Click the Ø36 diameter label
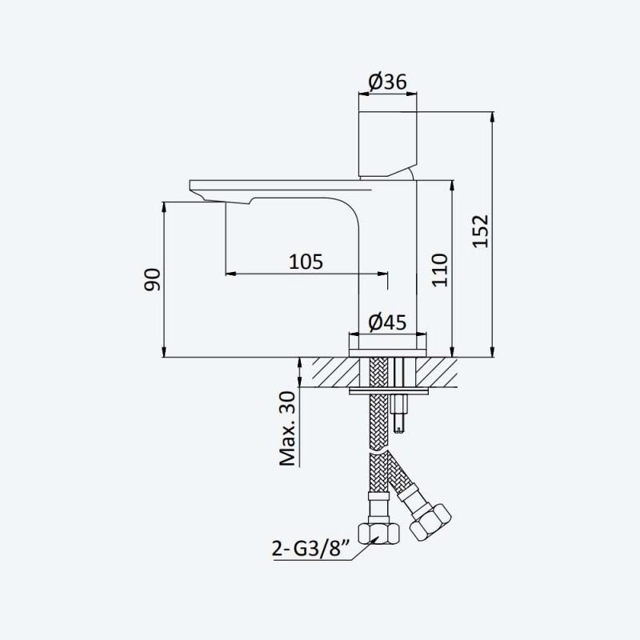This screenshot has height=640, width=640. click(387, 82)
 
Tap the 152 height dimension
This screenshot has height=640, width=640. click(481, 231)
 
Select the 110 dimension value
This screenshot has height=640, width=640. click(439, 270)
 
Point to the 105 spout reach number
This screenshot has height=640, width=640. click(306, 262)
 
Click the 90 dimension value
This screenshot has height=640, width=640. click(152, 279)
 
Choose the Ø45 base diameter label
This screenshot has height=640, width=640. click(387, 322)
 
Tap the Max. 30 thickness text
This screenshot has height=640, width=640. click(287, 429)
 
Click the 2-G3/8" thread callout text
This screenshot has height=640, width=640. click(312, 549)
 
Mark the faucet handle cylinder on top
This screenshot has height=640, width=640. click(388, 145)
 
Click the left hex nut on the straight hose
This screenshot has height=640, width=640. click(378, 534)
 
